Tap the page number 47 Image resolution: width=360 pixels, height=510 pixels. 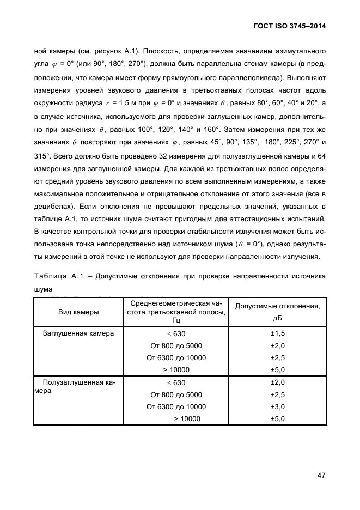321,475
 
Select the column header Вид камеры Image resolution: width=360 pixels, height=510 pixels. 78,312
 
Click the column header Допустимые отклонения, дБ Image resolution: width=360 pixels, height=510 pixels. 277,312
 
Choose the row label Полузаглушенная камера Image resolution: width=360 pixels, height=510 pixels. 78,387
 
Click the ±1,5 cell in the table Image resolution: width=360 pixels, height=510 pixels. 278,333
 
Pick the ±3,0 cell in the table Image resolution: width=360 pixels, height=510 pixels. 278,406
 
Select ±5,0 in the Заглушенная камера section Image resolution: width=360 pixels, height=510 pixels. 278,369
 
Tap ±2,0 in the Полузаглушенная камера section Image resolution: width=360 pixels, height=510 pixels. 278,382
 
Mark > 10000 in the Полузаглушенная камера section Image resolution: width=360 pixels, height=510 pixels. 187,418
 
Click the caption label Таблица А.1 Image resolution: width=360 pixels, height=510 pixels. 61,276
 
